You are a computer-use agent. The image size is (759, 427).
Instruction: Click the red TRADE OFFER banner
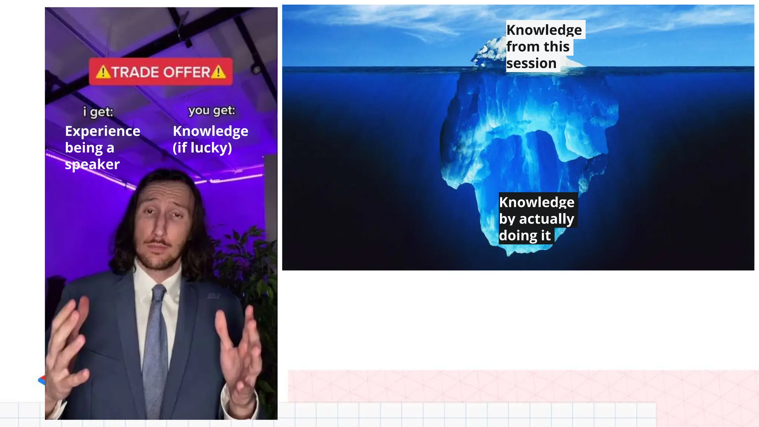(161, 72)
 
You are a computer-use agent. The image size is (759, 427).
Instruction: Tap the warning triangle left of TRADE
(103, 72)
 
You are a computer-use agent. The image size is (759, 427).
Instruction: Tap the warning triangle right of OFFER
(218, 72)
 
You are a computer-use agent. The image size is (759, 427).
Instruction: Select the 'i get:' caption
(98, 112)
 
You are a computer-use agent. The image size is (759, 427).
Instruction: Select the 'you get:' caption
(212, 110)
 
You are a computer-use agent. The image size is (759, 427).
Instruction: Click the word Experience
(103, 131)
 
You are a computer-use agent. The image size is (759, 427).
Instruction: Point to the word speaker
(92, 164)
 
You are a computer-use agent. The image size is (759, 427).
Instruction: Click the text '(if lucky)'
(202, 148)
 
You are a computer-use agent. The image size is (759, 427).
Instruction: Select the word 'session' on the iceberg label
(531, 63)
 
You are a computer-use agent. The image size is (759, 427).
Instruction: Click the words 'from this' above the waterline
(538, 47)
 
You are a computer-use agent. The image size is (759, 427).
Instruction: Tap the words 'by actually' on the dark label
(537, 219)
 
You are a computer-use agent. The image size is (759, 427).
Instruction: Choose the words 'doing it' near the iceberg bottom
(525, 236)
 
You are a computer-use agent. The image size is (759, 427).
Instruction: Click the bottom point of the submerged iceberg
(509, 254)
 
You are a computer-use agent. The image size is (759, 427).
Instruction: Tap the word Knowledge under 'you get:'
(211, 131)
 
